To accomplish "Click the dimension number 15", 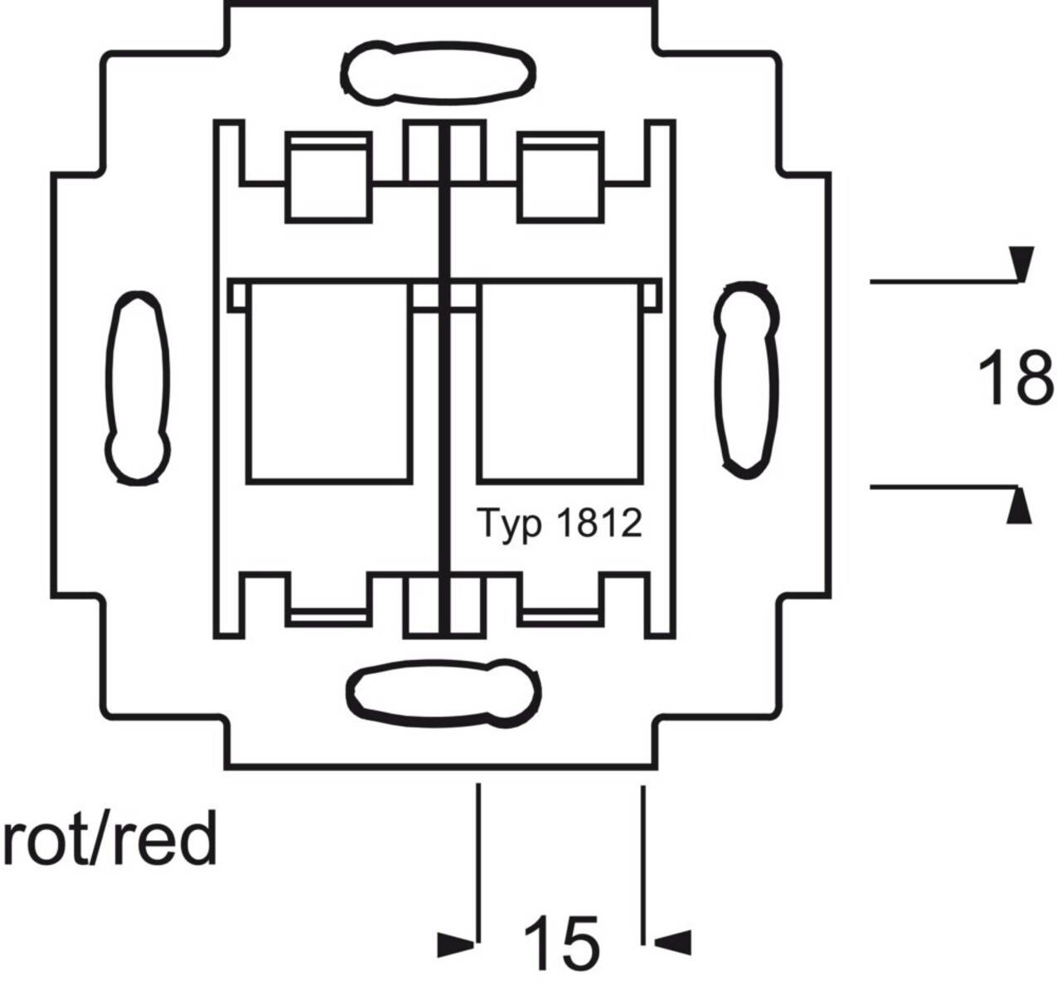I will coord(560,944).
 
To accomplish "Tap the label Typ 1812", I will coord(560,523).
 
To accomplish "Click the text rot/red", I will coord(109,839).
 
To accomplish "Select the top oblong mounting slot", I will coord(437,75).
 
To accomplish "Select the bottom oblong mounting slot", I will coord(444,690).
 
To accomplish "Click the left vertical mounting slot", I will coord(138,387).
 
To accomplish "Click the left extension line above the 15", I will coord(478,862).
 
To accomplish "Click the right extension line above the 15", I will coord(642,862).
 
